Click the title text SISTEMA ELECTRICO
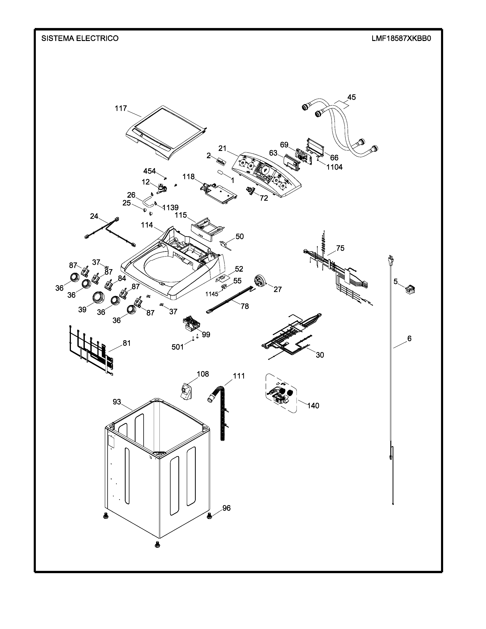(x=80, y=38)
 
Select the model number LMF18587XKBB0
(x=401, y=38)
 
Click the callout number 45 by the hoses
(x=351, y=97)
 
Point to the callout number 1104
(x=334, y=167)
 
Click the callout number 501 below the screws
(x=178, y=347)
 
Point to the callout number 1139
(x=170, y=207)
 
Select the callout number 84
(x=122, y=278)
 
